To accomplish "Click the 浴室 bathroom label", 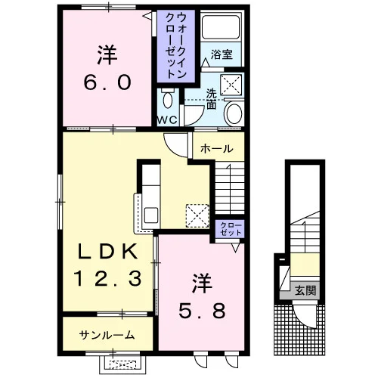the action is [x=222, y=54].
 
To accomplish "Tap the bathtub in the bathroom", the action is [x=221, y=27].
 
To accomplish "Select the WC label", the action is [x=167, y=120].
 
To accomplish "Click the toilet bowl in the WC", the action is [x=167, y=99].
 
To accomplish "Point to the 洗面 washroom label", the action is [x=211, y=99].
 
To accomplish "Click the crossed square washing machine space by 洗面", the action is [x=231, y=85].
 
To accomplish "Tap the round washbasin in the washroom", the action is [x=233, y=113].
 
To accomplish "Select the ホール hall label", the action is [x=216, y=149].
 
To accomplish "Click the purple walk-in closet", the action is [x=176, y=46].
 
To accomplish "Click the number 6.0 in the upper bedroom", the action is [x=107, y=83].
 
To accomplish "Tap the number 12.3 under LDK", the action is [x=107, y=277].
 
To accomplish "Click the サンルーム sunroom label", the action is [x=107, y=335].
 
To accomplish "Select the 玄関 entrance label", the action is [x=305, y=290].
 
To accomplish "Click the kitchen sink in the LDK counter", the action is [x=151, y=215].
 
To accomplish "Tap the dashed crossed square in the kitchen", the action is [x=197, y=215].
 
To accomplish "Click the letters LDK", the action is [x=108, y=251].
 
